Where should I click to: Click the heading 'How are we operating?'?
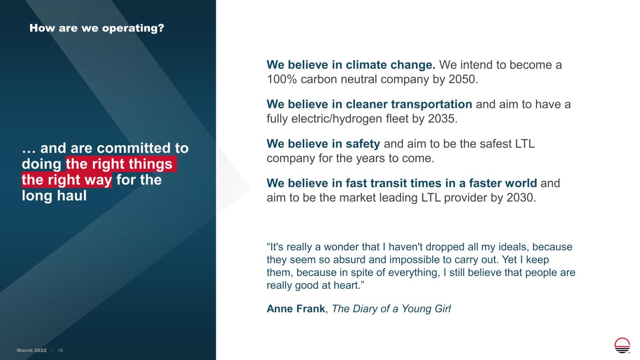[97, 28]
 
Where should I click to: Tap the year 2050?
[463, 79]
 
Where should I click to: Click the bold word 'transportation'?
[431, 104]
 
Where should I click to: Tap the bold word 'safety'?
[363, 144]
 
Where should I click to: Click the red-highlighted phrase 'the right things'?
[121, 164]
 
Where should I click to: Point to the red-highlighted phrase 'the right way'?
[67, 180]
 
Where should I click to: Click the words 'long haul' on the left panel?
[54, 196]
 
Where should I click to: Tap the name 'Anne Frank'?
[296, 309]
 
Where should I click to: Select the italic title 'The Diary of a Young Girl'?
[391, 309]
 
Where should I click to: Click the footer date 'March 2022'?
[31, 351]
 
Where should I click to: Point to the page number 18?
[60, 351]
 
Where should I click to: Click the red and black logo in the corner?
[622, 345]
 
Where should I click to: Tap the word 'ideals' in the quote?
[514, 247]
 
